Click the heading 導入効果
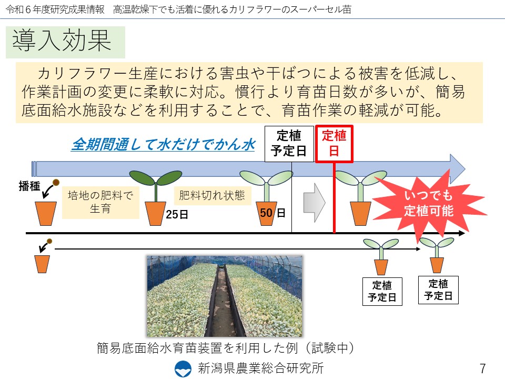(62, 41)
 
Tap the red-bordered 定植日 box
(334, 143)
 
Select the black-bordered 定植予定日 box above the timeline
(289, 143)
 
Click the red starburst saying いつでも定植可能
(429, 204)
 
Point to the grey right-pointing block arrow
(314, 203)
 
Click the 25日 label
(177, 214)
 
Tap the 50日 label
(272, 213)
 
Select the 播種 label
(29, 186)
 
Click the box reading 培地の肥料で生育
(100, 202)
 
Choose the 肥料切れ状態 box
(212, 195)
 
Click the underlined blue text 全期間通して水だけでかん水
(164, 144)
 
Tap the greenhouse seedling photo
(225, 296)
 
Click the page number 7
(482, 368)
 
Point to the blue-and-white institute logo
(183, 368)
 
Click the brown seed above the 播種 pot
(56, 183)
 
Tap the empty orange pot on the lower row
(42, 264)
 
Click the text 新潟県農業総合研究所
(260, 368)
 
